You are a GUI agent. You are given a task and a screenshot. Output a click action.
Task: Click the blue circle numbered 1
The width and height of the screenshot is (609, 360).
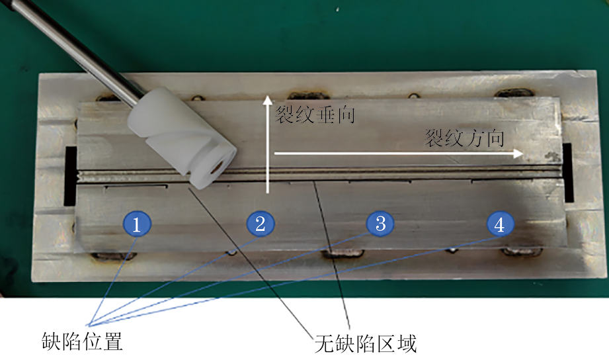click(136, 224)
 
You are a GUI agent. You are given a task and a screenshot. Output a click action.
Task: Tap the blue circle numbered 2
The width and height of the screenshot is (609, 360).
click(261, 224)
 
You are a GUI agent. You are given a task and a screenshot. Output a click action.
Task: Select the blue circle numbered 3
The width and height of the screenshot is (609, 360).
click(381, 223)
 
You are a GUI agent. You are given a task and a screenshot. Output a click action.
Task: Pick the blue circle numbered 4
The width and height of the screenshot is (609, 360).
click(501, 224)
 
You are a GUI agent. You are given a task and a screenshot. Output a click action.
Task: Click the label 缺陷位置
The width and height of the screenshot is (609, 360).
click(83, 341)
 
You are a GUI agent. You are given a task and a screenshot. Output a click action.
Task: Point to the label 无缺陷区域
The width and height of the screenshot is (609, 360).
click(366, 343)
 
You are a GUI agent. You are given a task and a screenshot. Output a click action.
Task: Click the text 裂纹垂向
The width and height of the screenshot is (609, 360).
click(315, 115)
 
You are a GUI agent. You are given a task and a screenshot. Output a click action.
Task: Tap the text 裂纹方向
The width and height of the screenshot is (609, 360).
click(464, 138)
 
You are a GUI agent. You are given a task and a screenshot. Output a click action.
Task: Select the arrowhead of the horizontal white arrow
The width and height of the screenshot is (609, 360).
click(518, 153)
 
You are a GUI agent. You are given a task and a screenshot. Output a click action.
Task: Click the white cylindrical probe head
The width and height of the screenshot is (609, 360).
click(182, 138)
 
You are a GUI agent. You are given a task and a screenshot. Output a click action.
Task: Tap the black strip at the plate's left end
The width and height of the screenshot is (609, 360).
click(70, 176)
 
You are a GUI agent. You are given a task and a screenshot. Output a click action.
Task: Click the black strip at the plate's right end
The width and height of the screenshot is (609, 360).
click(568, 173)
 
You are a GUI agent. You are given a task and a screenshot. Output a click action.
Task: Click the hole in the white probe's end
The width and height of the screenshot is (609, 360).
click(217, 167)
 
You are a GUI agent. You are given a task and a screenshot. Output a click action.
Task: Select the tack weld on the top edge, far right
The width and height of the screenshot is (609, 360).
click(514, 93)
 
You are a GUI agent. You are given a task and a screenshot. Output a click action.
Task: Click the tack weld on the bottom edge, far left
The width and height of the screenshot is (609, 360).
click(114, 256)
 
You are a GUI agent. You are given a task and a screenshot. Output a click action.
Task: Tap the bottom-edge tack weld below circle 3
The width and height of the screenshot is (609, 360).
click(343, 253)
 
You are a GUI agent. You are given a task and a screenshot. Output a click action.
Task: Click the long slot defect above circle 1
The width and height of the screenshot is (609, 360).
click(136, 187)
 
